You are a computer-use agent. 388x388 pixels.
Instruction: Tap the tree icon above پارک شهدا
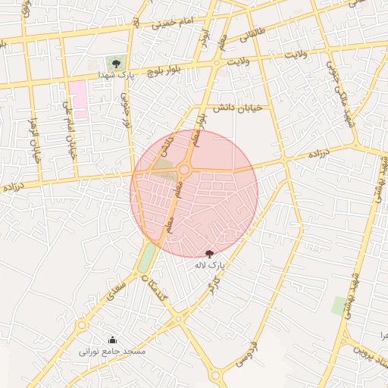pos(115,64)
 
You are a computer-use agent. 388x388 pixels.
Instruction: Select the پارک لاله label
pos(210,265)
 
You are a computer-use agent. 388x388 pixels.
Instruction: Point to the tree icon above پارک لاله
pos(210,253)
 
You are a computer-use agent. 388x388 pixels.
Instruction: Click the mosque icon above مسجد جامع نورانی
pos(112,339)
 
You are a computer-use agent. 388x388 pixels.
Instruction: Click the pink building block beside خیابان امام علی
pos(77,99)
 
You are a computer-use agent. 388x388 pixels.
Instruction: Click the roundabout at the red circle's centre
pos(184,170)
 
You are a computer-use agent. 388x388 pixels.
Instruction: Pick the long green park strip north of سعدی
pos(146,258)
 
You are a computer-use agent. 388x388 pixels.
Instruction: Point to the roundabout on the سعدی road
pos(81,325)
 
